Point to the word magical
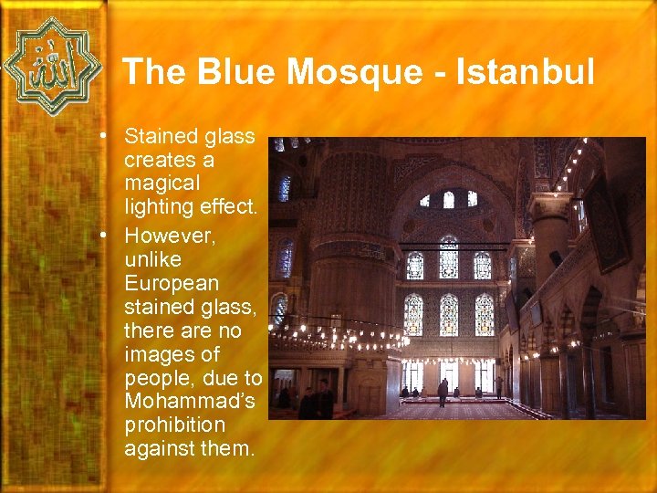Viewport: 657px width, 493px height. coord(162,184)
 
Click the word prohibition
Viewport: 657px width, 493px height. coord(174,425)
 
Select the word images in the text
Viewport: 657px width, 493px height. coord(159,352)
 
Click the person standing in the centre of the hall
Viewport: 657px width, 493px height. coord(443,393)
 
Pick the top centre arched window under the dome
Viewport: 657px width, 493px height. coord(448,199)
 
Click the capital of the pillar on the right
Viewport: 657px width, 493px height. coord(550,205)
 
